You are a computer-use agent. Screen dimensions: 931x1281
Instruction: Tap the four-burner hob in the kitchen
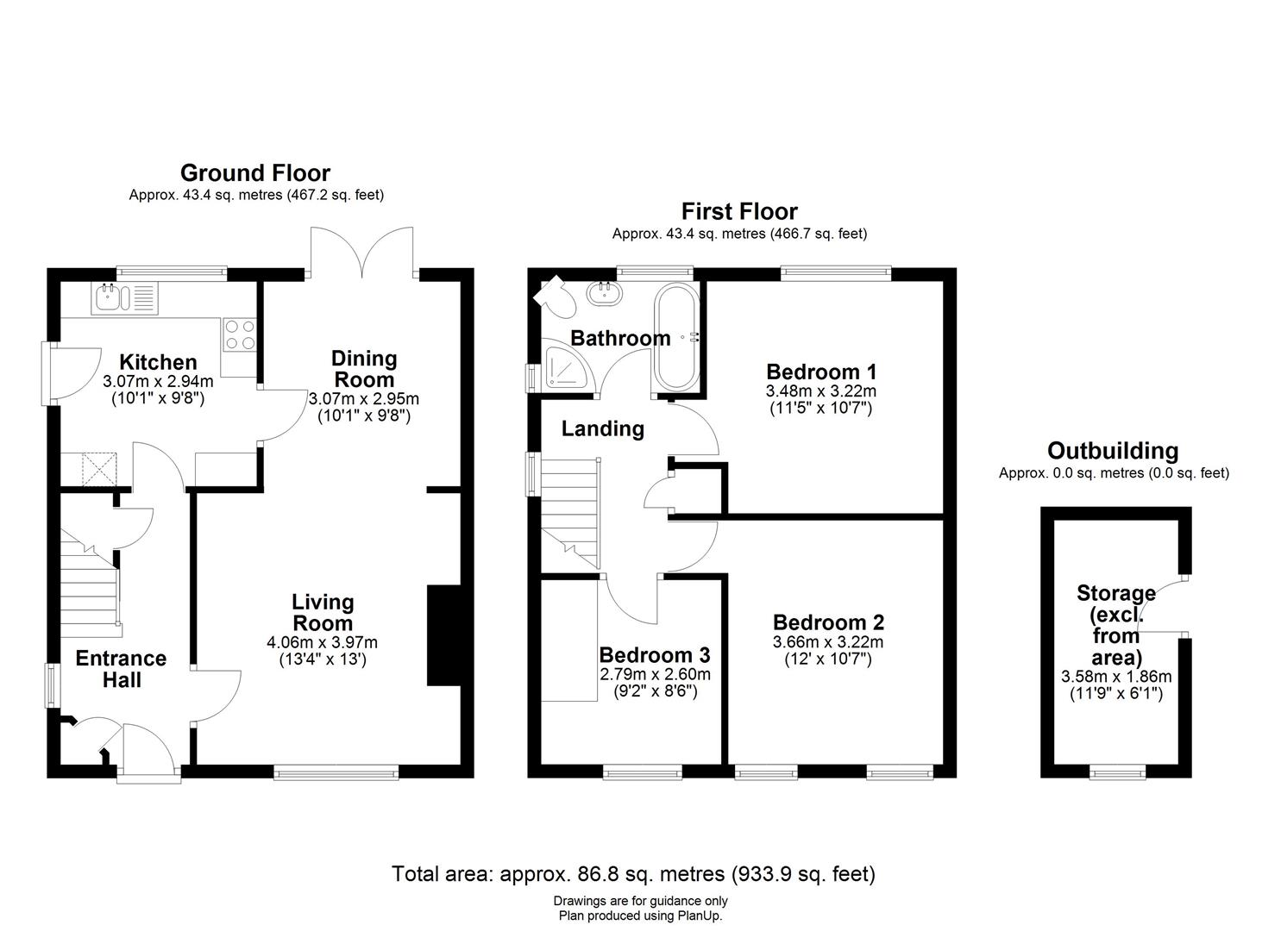pos(239,334)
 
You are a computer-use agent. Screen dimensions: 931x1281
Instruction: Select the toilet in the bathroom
pos(553,294)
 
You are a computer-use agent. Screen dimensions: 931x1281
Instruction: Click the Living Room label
pos(322,612)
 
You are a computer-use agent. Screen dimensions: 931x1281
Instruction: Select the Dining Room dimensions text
pos(363,407)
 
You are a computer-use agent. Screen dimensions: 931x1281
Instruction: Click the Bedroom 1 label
pos(821,372)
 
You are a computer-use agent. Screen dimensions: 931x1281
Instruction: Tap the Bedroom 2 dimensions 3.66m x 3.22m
pos(828,642)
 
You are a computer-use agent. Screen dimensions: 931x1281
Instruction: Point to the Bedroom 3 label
pos(655,654)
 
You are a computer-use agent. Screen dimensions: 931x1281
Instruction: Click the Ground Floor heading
pos(254,173)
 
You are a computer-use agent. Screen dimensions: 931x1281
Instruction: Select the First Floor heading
pos(739,211)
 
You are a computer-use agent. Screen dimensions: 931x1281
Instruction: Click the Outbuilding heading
pos(1112,451)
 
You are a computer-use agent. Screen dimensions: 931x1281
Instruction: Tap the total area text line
pos(633,874)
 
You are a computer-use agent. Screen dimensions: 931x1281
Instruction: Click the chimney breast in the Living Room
pos(443,636)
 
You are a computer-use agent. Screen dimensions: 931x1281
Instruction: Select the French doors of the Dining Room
pos(362,252)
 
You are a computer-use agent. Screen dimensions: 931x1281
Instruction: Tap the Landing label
pos(602,428)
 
